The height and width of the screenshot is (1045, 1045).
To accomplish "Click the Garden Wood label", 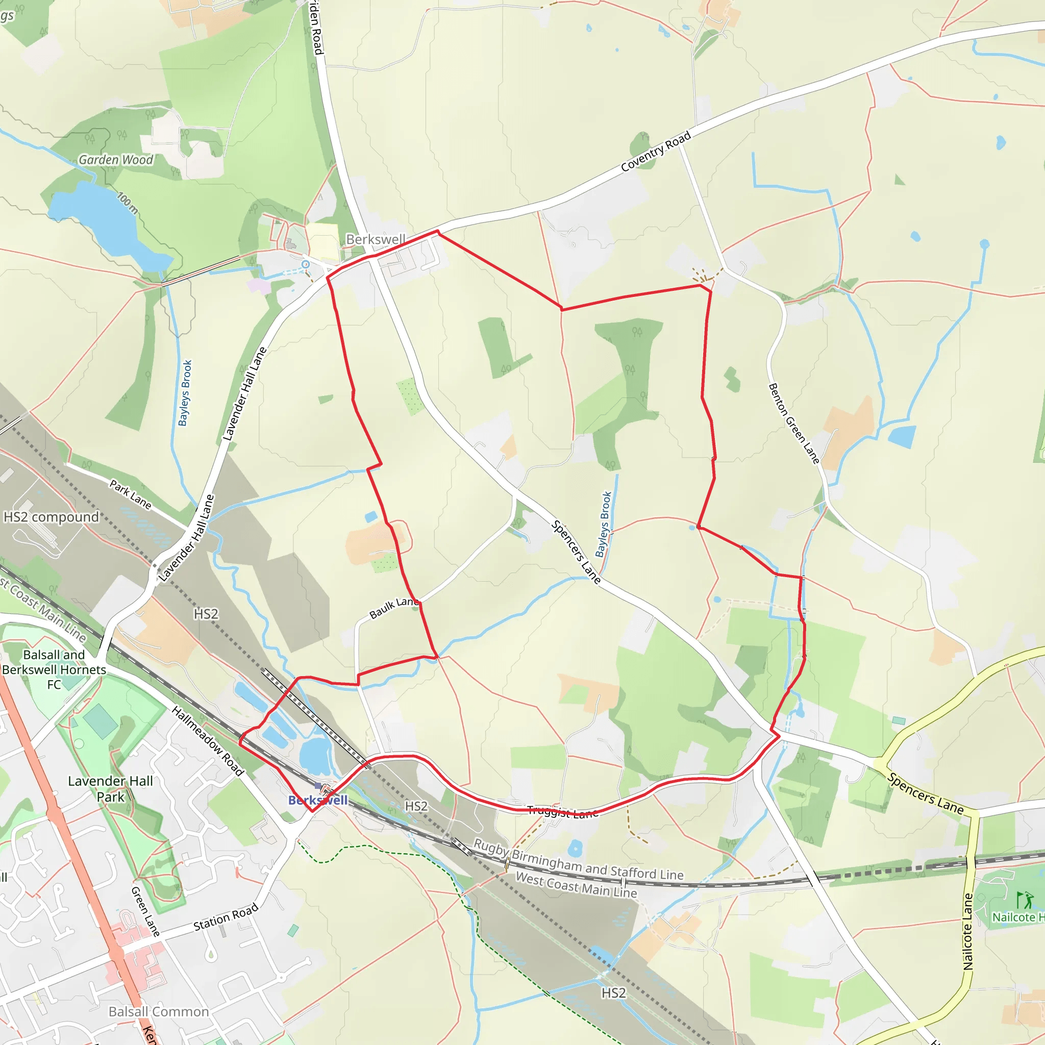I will click(116, 160).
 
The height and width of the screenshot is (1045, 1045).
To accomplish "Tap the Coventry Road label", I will click(656, 152).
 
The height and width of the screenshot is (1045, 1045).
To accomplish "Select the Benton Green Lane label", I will click(793, 423).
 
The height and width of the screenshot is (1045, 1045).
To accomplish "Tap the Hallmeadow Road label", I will click(208, 740).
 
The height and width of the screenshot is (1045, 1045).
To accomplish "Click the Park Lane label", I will click(130, 494).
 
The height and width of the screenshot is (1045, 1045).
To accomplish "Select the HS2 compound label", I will click(52, 517).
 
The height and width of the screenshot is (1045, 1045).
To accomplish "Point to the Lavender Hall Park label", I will click(110, 789).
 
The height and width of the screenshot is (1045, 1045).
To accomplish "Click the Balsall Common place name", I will click(159, 1011).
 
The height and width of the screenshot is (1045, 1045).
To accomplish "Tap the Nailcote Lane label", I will click(967, 931).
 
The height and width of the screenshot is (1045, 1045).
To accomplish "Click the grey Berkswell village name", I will click(376, 239).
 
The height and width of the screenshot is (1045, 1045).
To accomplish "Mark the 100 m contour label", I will click(128, 204).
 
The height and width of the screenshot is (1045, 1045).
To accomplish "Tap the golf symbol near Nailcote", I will click(1025, 900).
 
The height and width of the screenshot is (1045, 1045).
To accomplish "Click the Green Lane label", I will click(145, 911).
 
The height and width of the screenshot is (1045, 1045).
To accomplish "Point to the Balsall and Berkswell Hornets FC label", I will click(54, 669).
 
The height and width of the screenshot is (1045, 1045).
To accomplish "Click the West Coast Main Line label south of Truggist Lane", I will click(576, 885).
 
